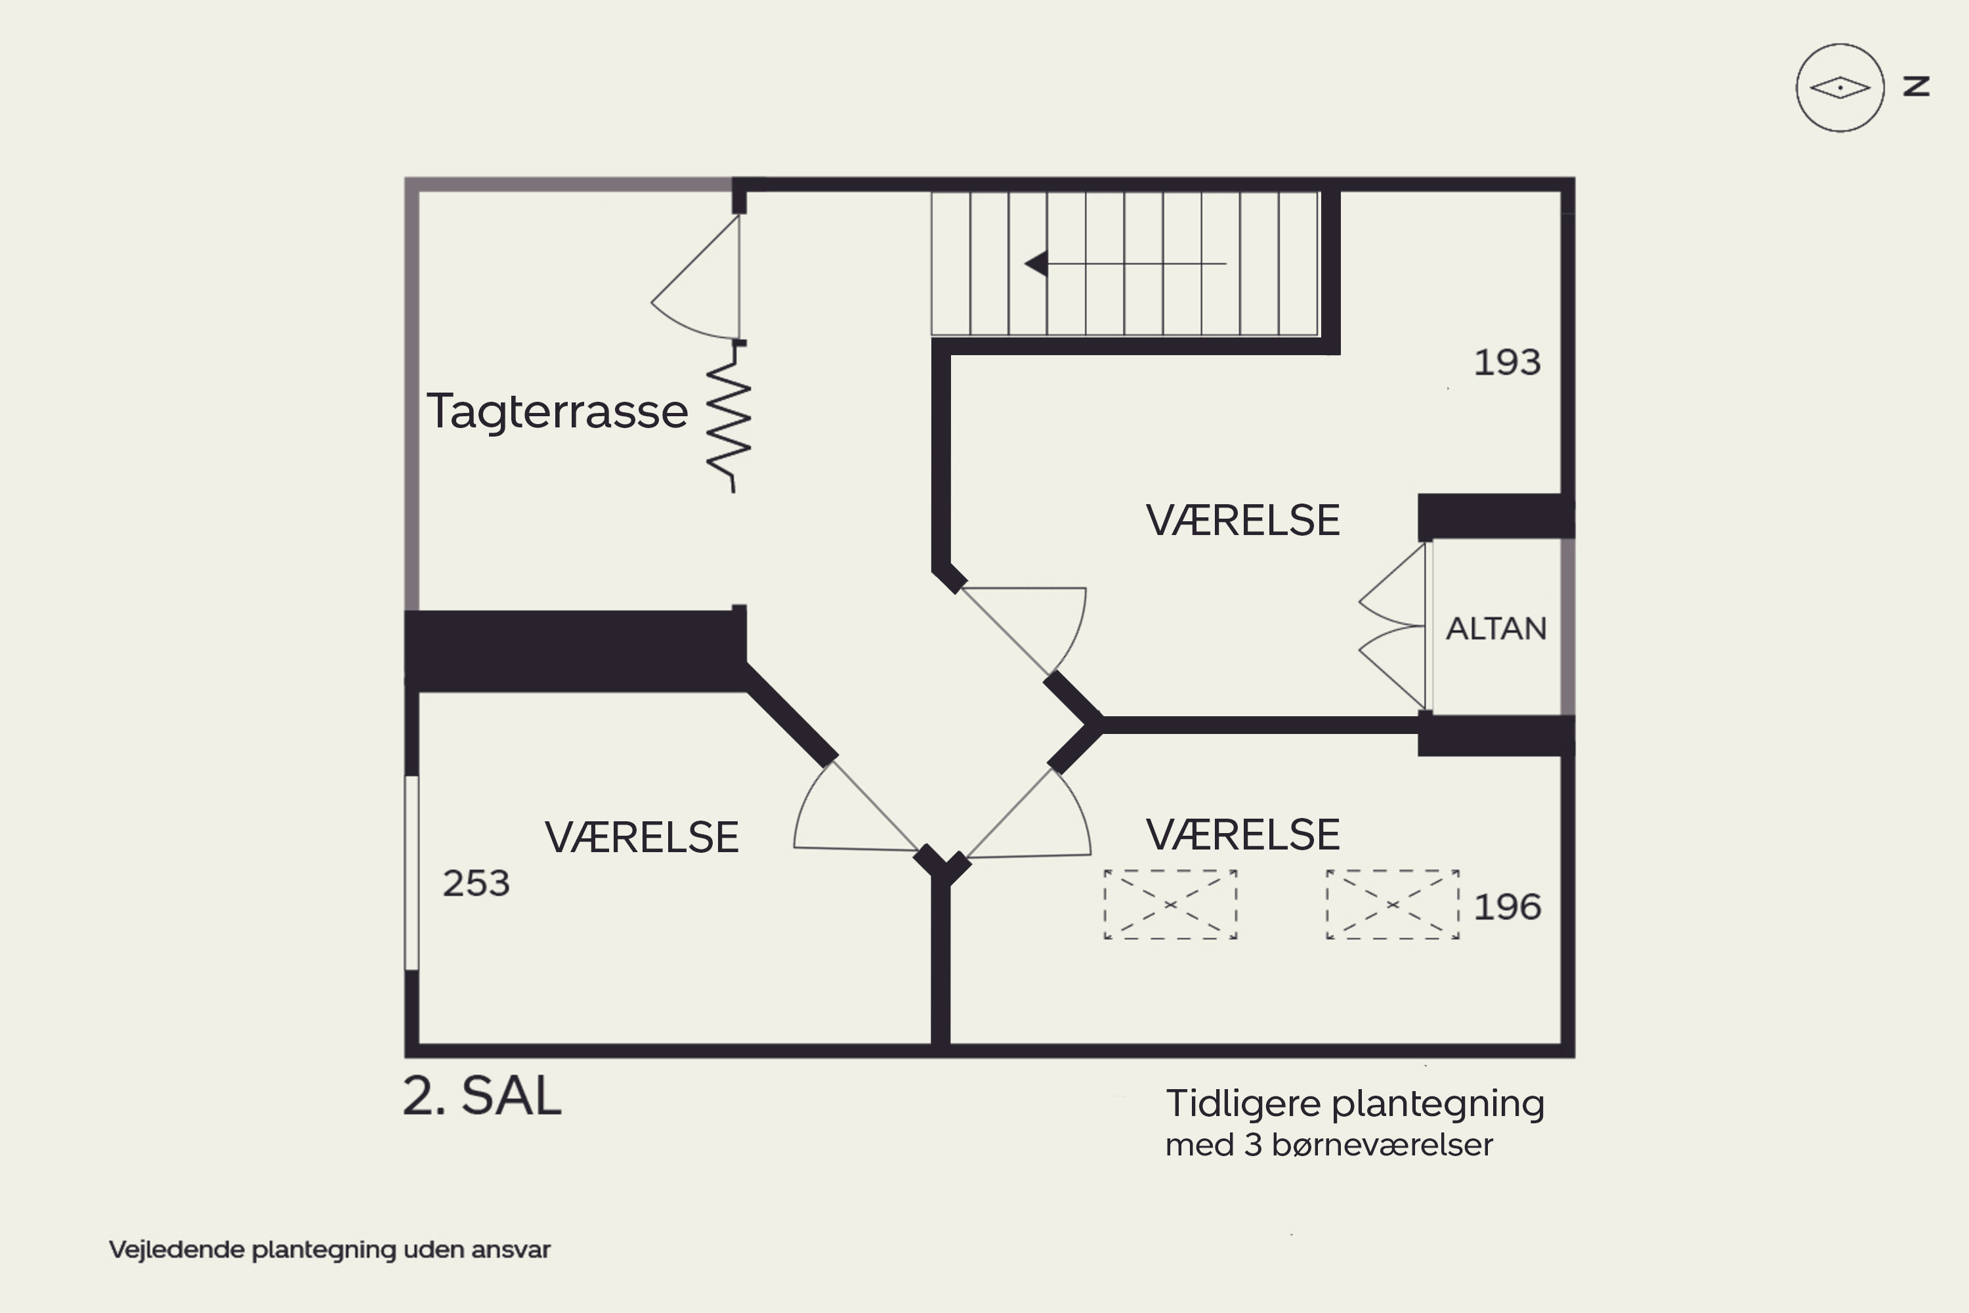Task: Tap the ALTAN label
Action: point(1496,629)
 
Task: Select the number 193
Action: point(1507,362)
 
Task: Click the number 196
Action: point(1507,907)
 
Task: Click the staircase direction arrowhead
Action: point(1037,264)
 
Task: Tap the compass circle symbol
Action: point(1839,87)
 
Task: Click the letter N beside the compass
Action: point(1916,86)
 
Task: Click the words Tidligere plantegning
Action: point(1355,1104)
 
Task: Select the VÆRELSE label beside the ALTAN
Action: point(1242,521)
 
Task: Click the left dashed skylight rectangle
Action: point(1170,905)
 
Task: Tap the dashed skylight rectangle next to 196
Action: point(1392,905)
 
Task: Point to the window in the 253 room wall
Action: point(411,873)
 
